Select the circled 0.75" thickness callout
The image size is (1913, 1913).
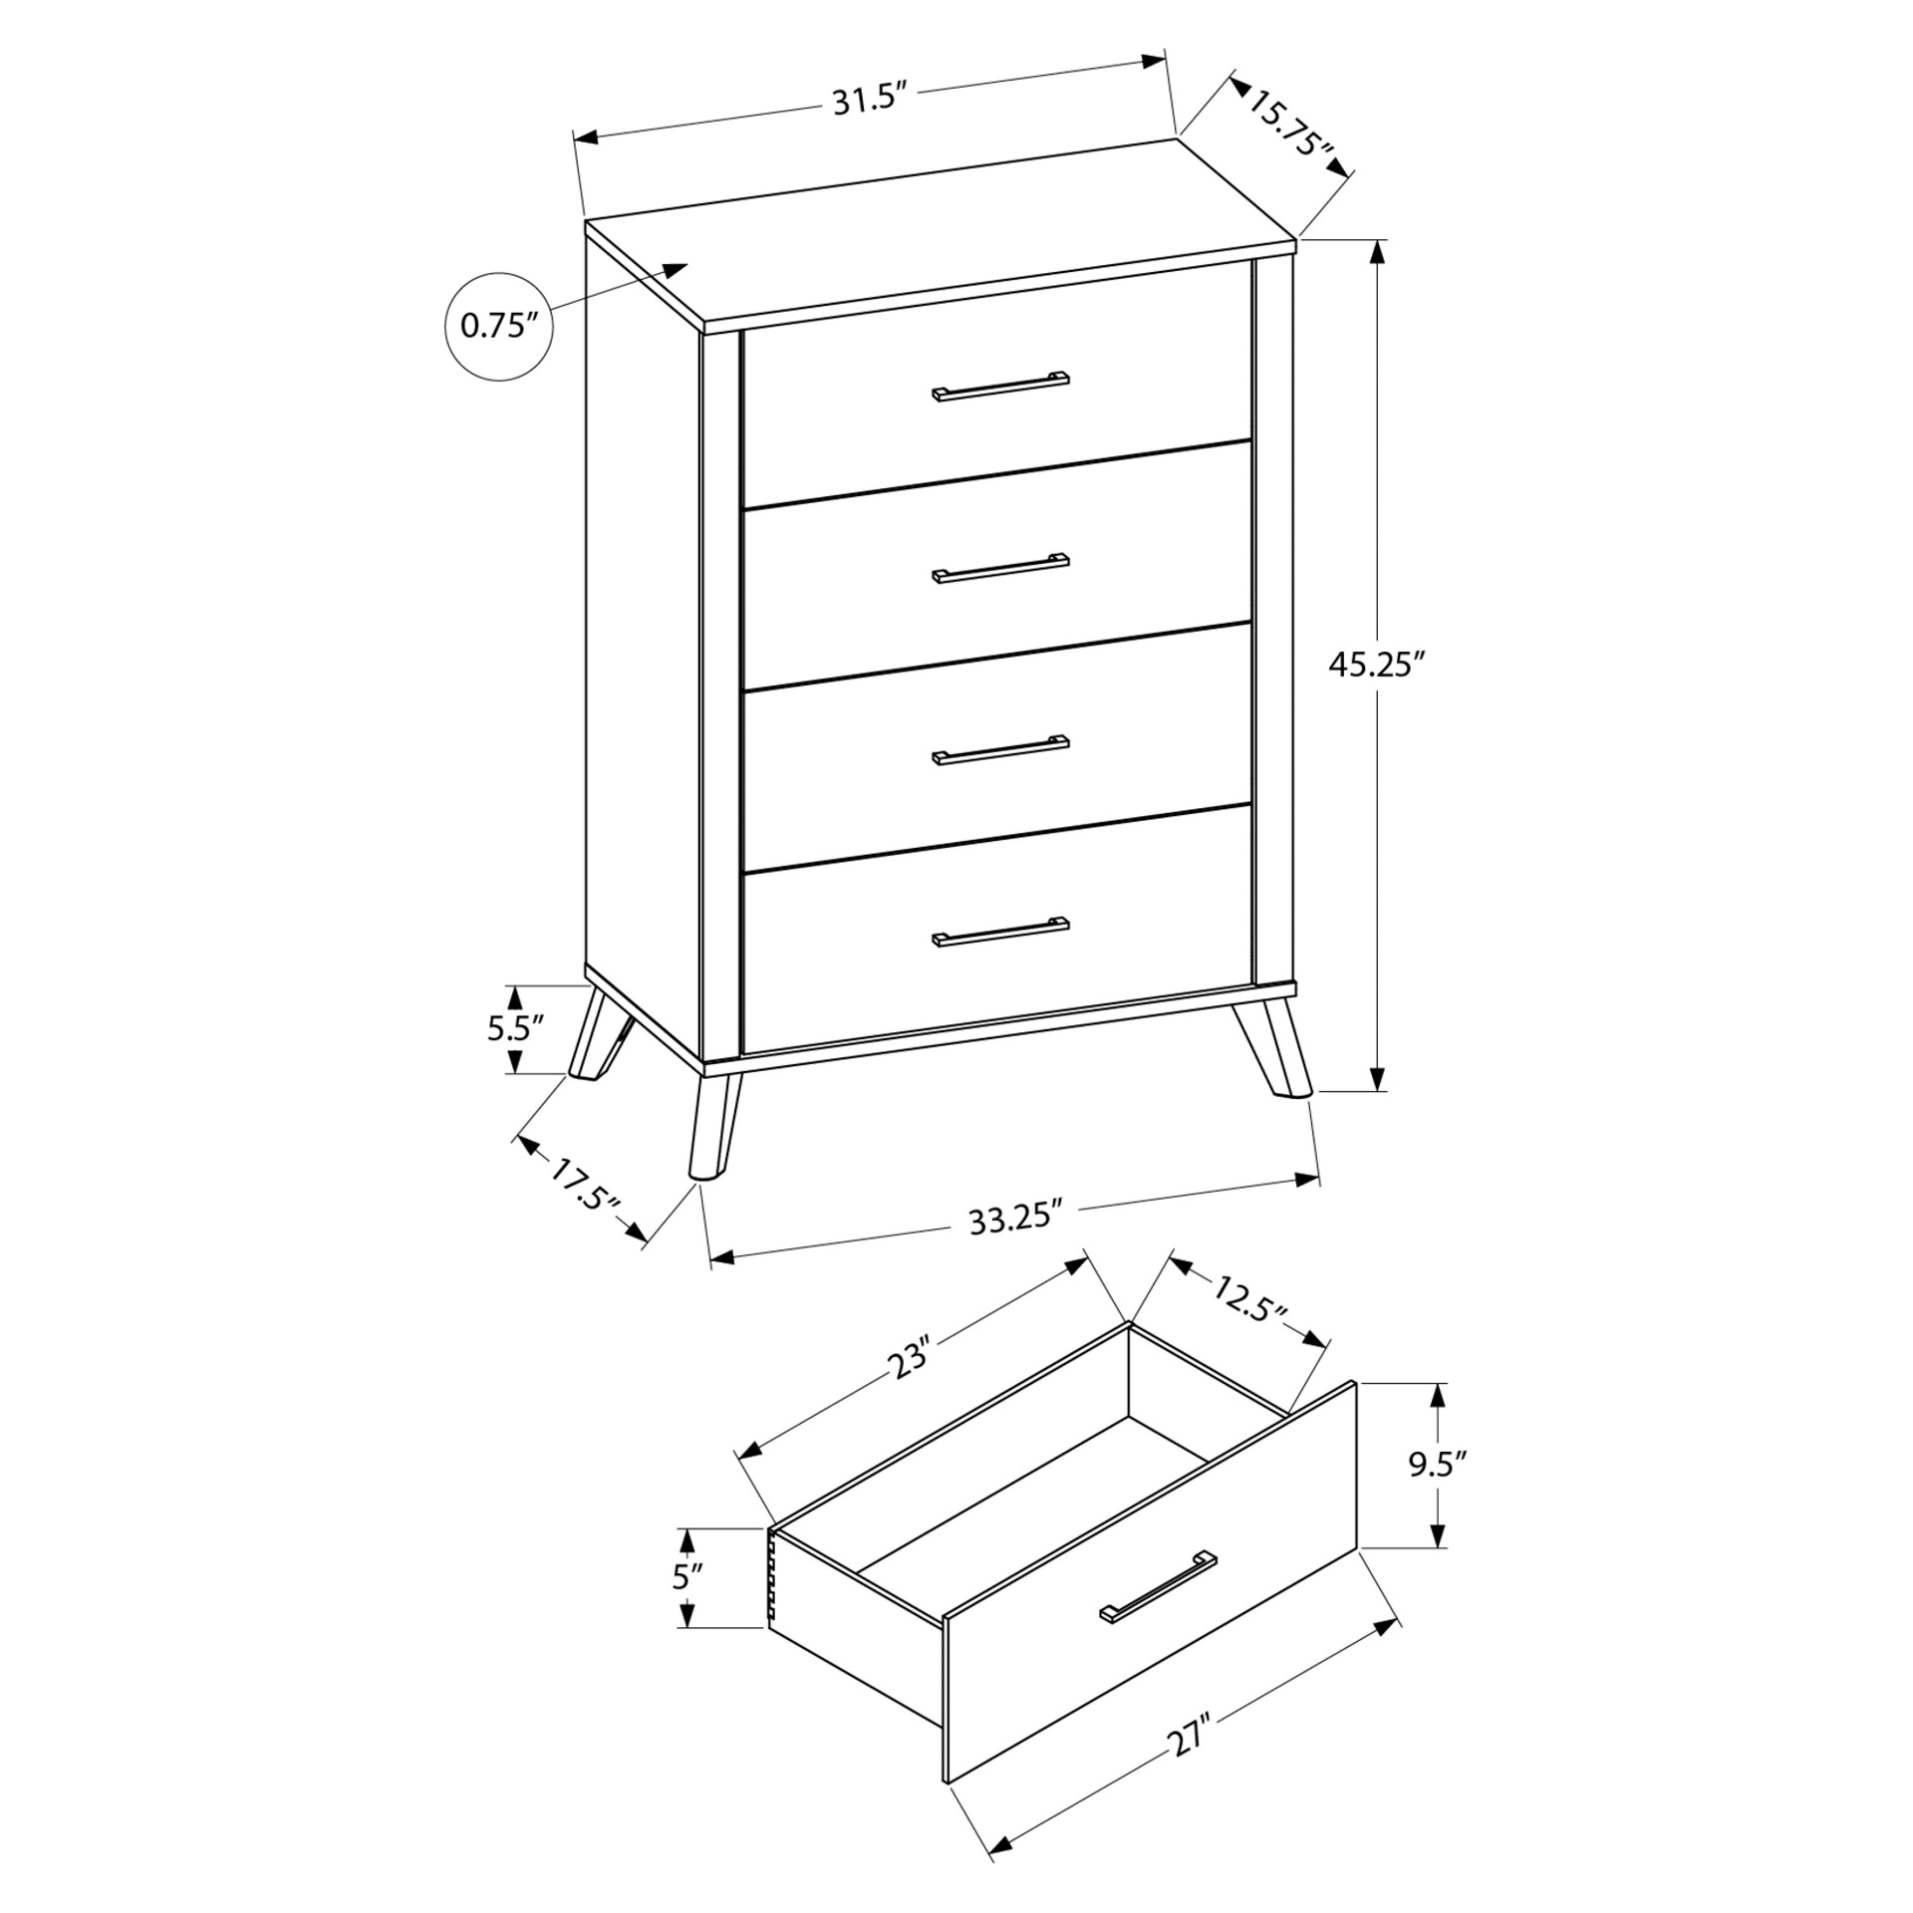pyautogui.click(x=498, y=326)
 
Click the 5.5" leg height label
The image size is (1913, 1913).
pyautogui.click(x=514, y=1027)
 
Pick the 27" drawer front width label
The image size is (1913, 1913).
pyautogui.click(x=1191, y=1735)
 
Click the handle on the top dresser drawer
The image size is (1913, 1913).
pyautogui.click(x=1000, y=386)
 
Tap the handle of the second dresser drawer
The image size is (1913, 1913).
pyautogui.click(x=1000, y=567)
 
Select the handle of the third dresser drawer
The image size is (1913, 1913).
pyautogui.click(x=1000, y=749)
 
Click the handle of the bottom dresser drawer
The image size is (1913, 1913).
pyautogui.click(x=1000, y=931)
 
